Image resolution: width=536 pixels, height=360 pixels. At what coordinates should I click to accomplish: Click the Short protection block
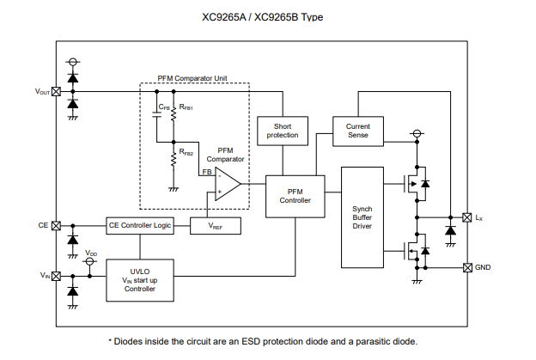[283, 131]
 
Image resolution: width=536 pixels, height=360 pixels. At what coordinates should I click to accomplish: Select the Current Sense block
[357, 131]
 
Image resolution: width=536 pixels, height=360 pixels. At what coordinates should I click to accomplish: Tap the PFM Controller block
[289, 195]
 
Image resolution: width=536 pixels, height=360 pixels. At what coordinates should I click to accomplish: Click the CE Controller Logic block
[139, 225]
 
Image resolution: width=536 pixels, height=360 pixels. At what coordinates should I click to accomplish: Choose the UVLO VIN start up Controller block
[139, 280]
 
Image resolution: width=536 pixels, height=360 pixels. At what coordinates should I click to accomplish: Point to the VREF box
[213, 226]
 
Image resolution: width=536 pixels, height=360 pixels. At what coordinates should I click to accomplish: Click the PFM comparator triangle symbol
[226, 183]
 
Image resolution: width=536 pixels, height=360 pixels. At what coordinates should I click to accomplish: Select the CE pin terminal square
[57, 225]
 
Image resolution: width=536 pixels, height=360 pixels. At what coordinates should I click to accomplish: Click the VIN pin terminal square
[57, 276]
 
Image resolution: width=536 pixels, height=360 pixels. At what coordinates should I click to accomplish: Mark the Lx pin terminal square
[467, 217]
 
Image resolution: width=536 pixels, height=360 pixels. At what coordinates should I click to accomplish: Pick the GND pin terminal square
[467, 267]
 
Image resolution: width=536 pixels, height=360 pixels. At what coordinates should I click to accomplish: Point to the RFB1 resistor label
[186, 107]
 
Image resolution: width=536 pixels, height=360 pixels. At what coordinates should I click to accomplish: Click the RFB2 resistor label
[186, 153]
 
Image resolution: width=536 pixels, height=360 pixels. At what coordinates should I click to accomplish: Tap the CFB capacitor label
[163, 107]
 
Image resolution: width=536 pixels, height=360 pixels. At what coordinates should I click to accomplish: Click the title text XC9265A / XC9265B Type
[267, 17]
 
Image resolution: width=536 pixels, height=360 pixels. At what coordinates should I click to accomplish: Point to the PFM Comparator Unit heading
[194, 77]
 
